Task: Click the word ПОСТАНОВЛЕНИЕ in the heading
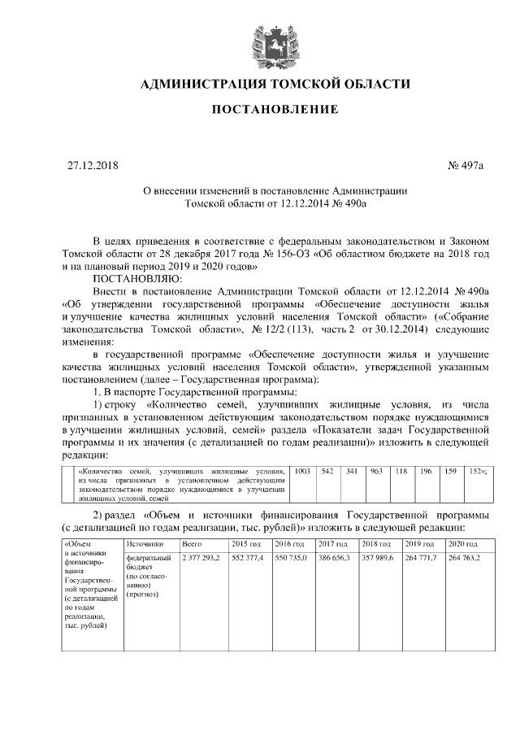[x=275, y=109]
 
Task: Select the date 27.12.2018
[x=93, y=167]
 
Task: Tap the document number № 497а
[x=465, y=167]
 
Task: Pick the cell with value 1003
[x=301, y=471]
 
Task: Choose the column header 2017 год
[x=332, y=542]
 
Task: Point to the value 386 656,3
[x=334, y=557]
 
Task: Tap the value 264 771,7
[x=421, y=557]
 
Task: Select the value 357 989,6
[x=378, y=557]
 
